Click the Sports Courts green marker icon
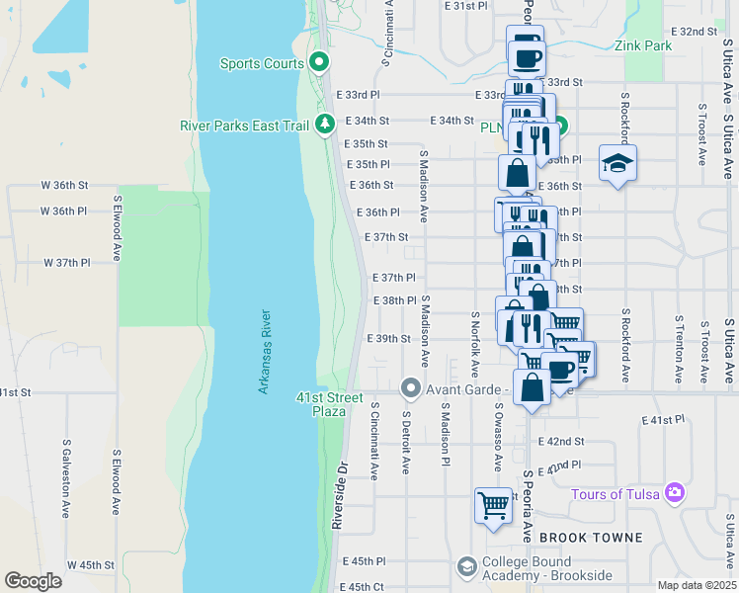pos(319,63)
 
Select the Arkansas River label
pos(265,352)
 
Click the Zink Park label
pos(642,45)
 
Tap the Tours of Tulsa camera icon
pos(675,491)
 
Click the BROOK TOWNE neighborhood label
pos(594,538)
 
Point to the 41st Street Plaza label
pos(323,403)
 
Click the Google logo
pos(33,581)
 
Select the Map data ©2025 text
pos(696,585)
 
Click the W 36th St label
pos(64,185)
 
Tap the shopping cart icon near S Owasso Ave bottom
pos(493,505)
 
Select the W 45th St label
pos(91,565)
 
